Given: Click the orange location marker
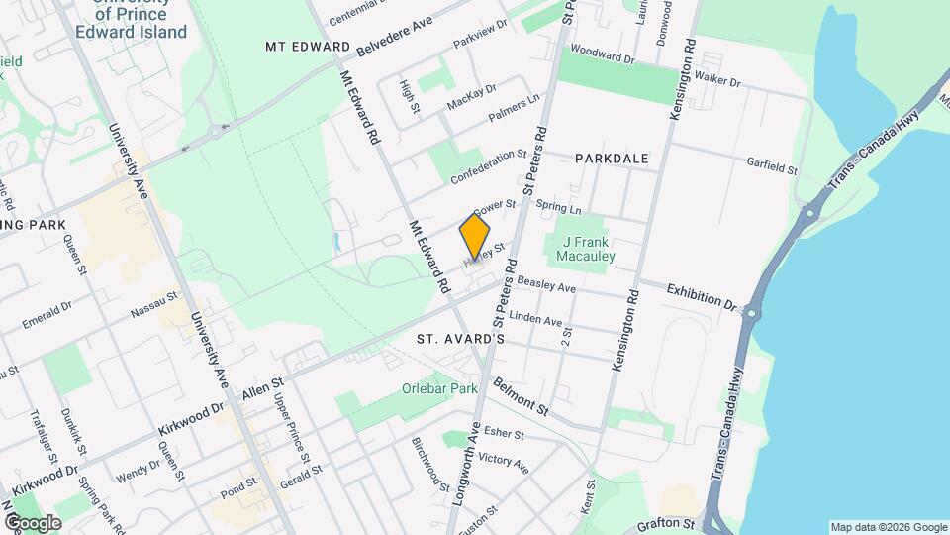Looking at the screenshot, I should click(x=475, y=238).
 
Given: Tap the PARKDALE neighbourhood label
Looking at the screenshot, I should click(x=611, y=159).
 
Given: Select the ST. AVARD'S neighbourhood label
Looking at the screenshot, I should click(x=460, y=339).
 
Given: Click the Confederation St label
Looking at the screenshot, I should click(x=488, y=167).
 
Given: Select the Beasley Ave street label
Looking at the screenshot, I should click(x=545, y=285).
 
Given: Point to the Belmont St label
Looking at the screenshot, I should click(x=521, y=396).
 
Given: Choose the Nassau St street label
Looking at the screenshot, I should click(x=154, y=303).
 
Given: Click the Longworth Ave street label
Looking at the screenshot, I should click(x=466, y=466).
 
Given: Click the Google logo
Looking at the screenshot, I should click(x=33, y=522).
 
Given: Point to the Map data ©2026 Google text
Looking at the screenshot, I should click(x=887, y=526).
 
